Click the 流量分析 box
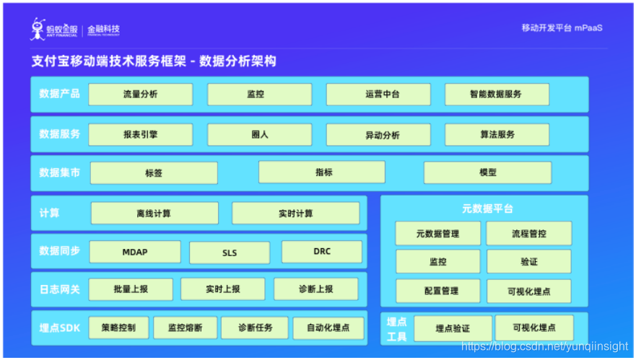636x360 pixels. [x=141, y=95]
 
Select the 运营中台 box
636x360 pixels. [x=378, y=95]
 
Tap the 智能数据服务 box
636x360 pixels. [x=497, y=95]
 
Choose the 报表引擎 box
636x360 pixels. [x=141, y=135]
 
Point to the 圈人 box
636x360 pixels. [x=260, y=135]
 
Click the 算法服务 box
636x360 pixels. [x=497, y=135]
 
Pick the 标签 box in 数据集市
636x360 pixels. [x=154, y=173]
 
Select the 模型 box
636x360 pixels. [x=487, y=173]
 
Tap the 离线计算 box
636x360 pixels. [x=154, y=214]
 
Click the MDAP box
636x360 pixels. [x=135, y=253]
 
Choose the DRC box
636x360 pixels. [x=322, y=252]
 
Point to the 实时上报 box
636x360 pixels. [x=223, y=289]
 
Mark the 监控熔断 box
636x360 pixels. [x=185, y=328]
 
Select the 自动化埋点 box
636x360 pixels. [x=328, y=328]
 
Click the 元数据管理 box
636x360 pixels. [x=437, y=234]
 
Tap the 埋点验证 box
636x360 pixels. [x=453, y=328]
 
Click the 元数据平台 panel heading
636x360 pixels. [x=487, y=209]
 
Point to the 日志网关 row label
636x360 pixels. [x=59, y=289]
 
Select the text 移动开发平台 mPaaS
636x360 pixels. [x=562, y=28]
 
